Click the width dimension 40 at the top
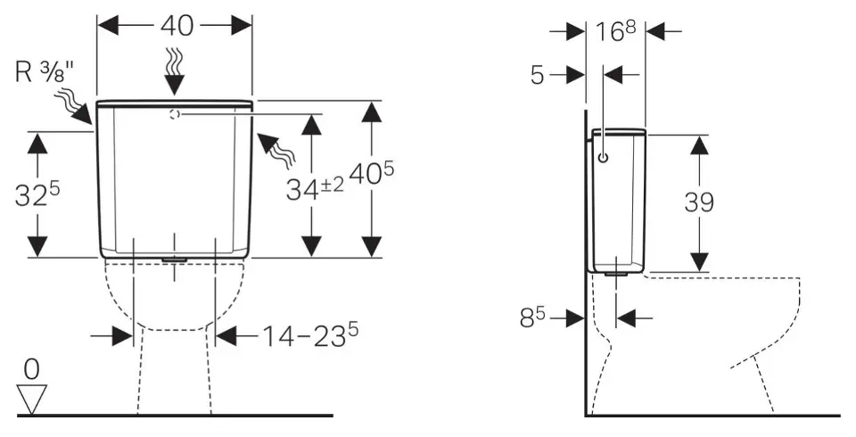[x=177, y=25]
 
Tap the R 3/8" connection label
[x=45, y=72]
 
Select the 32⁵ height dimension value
[x=37, y=194]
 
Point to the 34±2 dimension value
[x=315, y=189]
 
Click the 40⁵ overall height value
[x=371, y=174]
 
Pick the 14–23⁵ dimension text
[x=310, y=335]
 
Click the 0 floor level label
[x=32, y=370]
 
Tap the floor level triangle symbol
[x=32, y=400]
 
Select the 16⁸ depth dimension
[x=615, y=32]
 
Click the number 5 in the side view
[x=538, y=76]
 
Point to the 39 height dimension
[x=699, y=202]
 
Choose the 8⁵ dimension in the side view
[x=534, y=317]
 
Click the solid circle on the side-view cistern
[x=604, y=157]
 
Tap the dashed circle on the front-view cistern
[x=174, y=114]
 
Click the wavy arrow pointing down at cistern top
[x=175, y=71]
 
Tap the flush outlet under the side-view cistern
[x=616, y=274]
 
